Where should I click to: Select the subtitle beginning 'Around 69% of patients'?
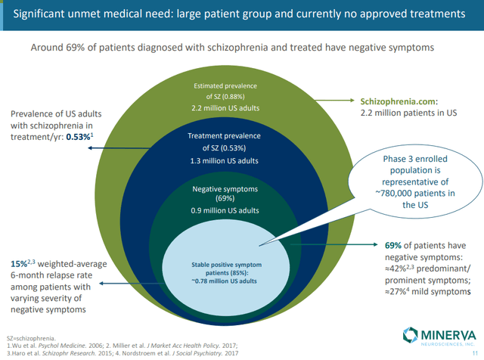pos(233,47)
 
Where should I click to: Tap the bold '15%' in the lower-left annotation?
pos(19,262)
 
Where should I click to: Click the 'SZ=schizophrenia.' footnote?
pos(30,336)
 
